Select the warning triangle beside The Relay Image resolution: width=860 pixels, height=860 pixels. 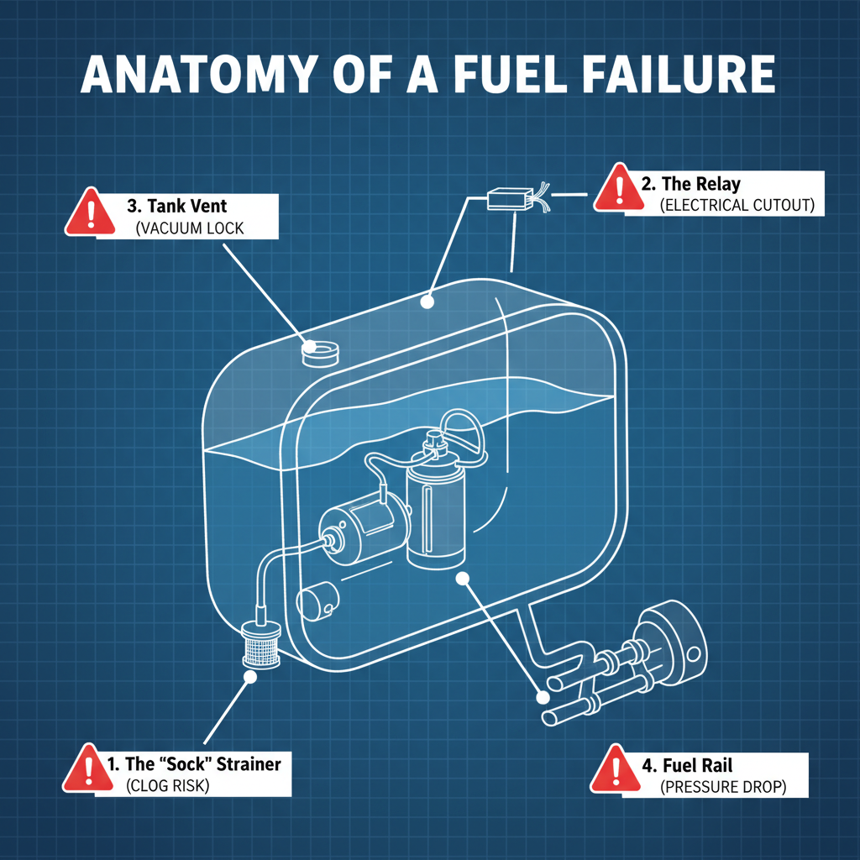[x=615, y=188]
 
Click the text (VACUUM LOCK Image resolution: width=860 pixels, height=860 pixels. [x=189, y=228]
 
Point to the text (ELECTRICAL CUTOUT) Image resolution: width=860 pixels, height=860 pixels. [x=737, y=206]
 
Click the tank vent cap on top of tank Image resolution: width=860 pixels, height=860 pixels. [x=320, y=352]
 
